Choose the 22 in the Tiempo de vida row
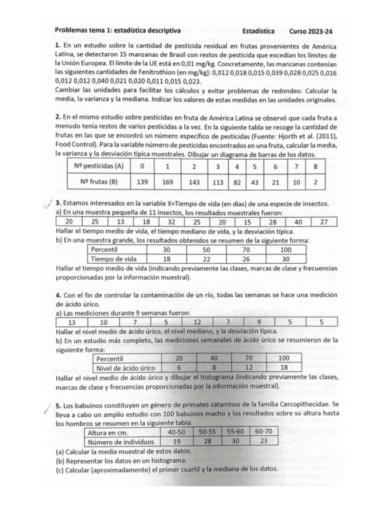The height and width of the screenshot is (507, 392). click(207, 258)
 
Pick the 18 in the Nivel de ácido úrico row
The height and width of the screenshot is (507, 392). click(284, 367)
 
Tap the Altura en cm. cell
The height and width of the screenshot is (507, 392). click(110, 432)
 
